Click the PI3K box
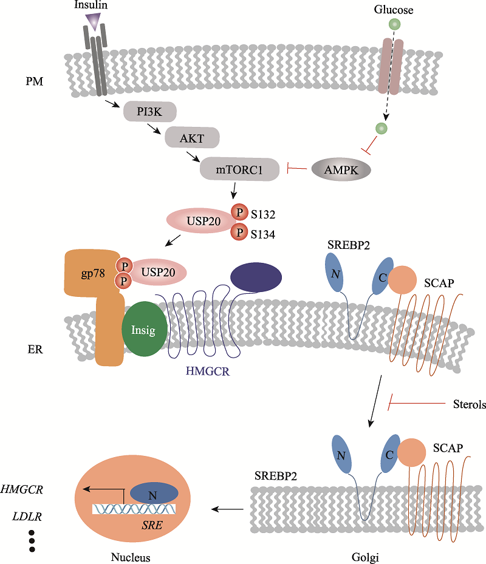coord(149,112)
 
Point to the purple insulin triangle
coord(93,23)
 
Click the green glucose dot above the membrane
coord(395,25)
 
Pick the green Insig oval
coord(145,330)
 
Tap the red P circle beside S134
coord(239,233)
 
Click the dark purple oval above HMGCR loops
coord(256,278)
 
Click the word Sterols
coord(470,404)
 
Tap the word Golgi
coord(366,556)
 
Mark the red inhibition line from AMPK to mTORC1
coord(297,169)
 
